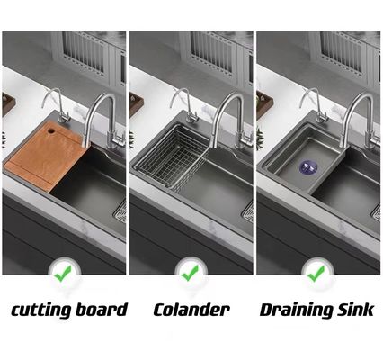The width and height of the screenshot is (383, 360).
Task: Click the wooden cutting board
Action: pyautogui.click(x=44, y=157)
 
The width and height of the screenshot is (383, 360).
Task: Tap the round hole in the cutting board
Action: pyautogui.click(x=50, y=130)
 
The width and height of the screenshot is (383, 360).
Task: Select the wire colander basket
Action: pyautogui.click(x=171, y=158)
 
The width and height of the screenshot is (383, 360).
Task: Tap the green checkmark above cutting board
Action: pyautogui.click(x=63, y=273)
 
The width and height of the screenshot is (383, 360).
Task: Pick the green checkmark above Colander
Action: pyautogui.click(x=190, y=273)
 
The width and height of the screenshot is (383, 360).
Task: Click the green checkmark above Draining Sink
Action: pyautogui.click(x=316, y=273)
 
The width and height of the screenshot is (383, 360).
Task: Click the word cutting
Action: pyautogui.click(x=40, y=310)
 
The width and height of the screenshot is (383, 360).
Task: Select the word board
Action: pyautogui.click(x=102, y=309)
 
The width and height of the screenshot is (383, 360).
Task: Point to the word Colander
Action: pyautogui.click(x=191, y=310)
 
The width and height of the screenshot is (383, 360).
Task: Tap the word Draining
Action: pyautogui.click(x=296, y=310)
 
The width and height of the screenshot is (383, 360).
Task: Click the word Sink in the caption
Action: pyautogui.click(x=356, y=309)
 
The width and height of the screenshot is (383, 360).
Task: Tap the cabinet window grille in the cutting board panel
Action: pyautogui.click(x=85, y=53)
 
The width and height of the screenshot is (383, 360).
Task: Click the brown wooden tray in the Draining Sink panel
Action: pyautogui.click(x=264, y=104)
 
